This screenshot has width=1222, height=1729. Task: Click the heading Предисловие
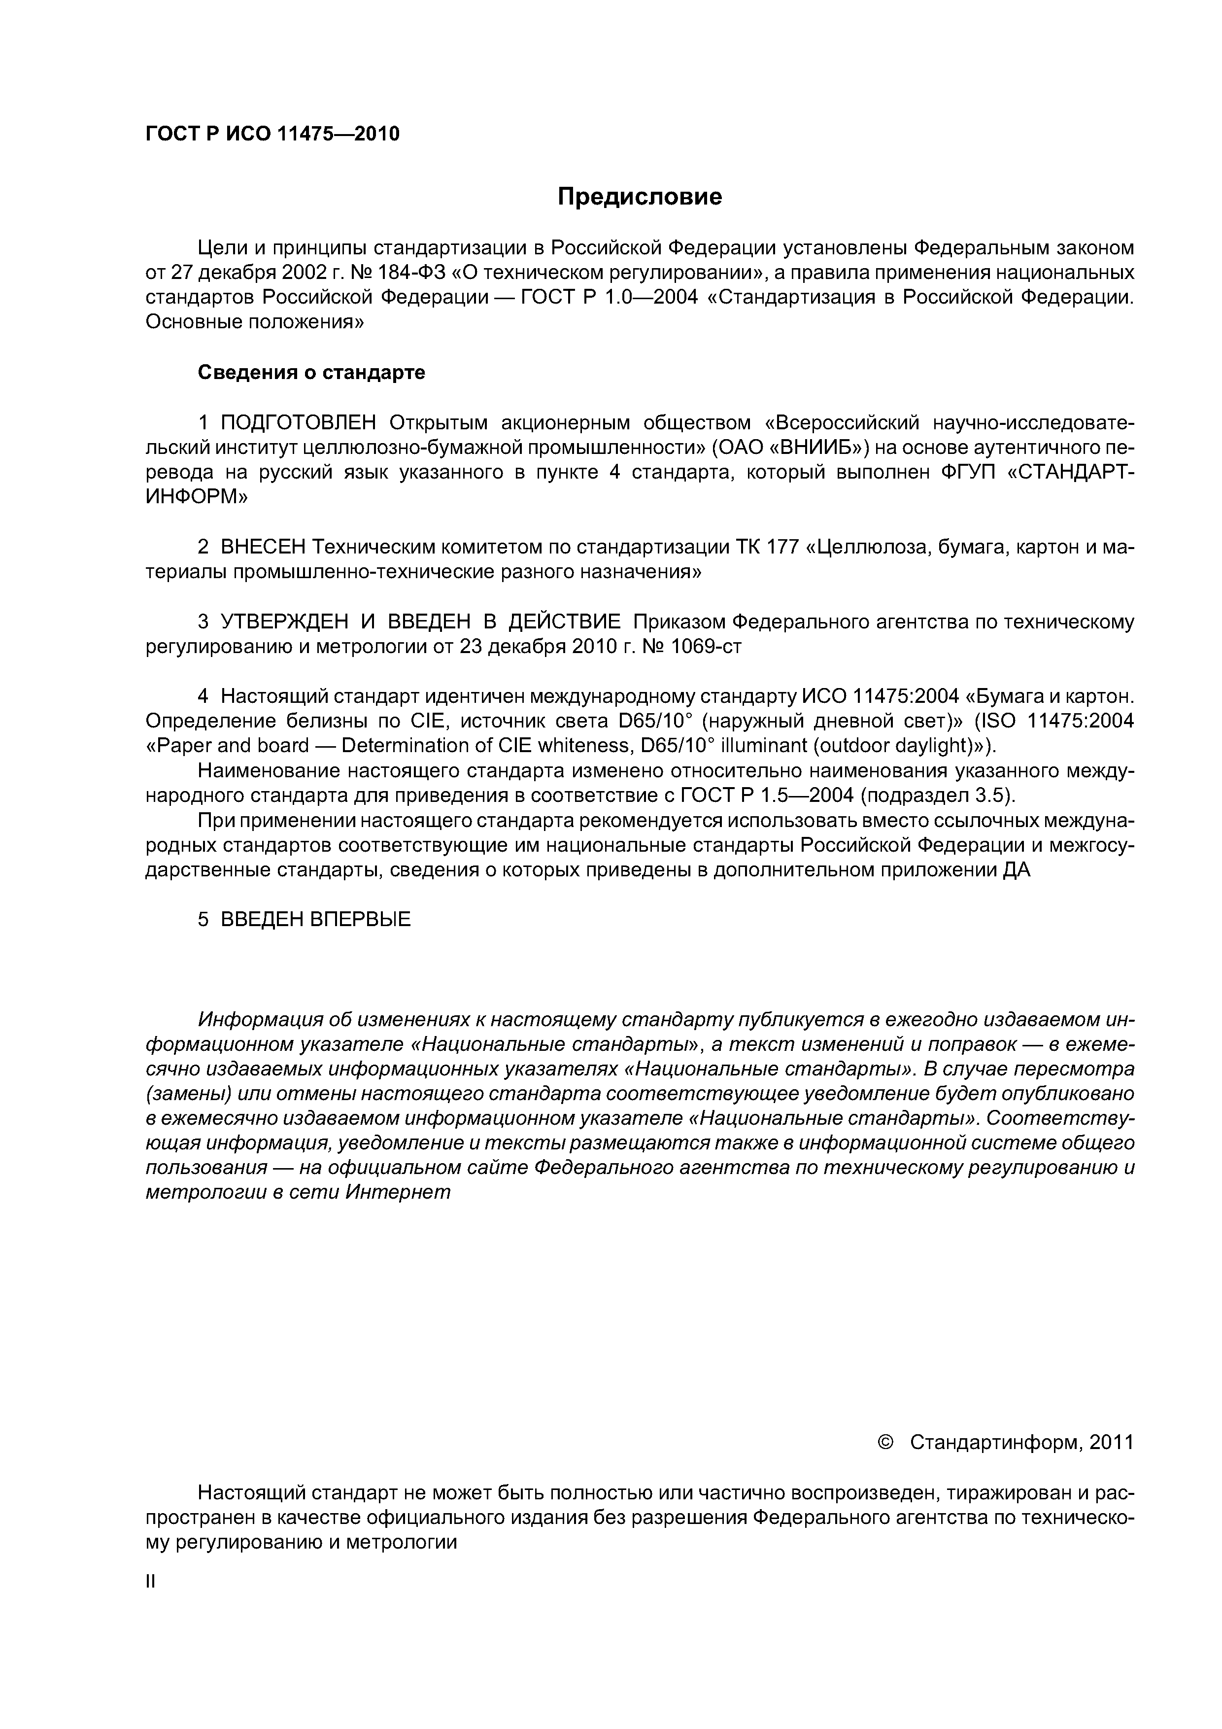[x=639, y=197]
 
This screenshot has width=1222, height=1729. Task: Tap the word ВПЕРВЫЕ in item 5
[x=361, y=920]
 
